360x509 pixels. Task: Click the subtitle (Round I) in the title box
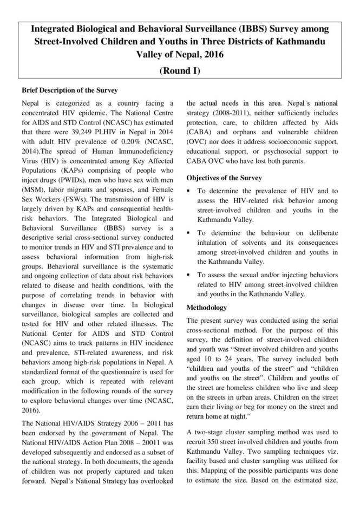[x=180, y=70]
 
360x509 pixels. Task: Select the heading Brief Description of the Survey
[x=70, y=90]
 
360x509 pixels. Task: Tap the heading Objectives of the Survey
[x=224, y=178]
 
